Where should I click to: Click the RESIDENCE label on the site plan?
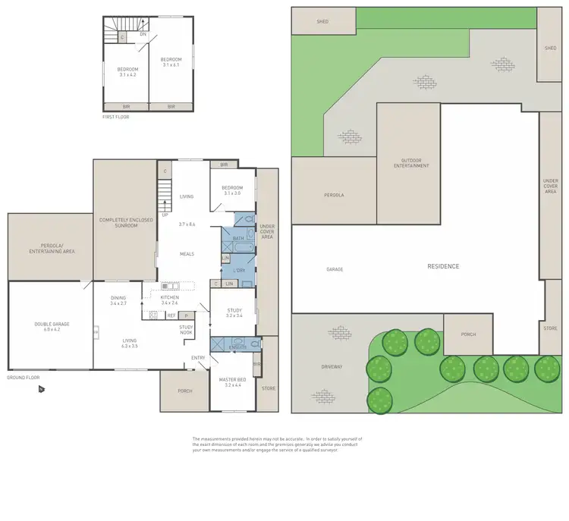pyautogui.click(x=444, y=266)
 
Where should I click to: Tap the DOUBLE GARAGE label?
pyautogui.click(x=52, y=324)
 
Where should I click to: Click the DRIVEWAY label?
pyautogui.click(x=332, y=366)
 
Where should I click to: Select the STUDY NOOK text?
pyautogui.click(x=187, y=329)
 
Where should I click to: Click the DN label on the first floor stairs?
pyautogui.click(x=143, y=34)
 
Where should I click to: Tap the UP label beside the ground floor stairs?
pyautogui.click(x=165, y=215)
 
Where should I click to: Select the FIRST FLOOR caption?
pyautogui.click(x=118, y=118)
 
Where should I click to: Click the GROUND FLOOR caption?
pyautogui.click(x=22, y=377)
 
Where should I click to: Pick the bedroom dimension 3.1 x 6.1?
pyautogui.click(x=171, y=65)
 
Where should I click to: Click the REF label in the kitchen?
pyautogui.click(x=171, y=315)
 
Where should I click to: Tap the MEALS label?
pyautogui.click(x=187, y=254)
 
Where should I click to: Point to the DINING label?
pyautogui.click(x=118, y=298)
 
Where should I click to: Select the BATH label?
pyautogui.click(x=238, y=239)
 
